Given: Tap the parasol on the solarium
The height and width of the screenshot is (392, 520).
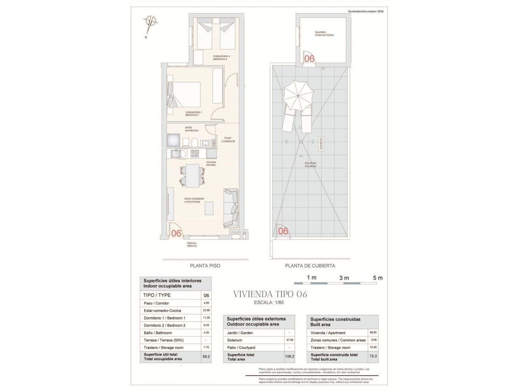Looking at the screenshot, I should (x=298, y=95).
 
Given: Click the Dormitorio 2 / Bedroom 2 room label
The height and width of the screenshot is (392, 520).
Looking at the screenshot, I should (x=222, y=58).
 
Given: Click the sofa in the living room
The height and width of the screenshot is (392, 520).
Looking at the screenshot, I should (x=231, y=208).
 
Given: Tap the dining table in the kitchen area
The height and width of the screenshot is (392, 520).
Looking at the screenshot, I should (x=192, y=175).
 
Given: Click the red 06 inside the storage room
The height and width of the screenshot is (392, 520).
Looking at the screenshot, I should (x=309, y=58).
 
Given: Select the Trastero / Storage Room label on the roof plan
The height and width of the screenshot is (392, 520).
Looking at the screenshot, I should (x=324, y=34).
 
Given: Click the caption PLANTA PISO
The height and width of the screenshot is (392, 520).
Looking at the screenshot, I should (x=205, y=266).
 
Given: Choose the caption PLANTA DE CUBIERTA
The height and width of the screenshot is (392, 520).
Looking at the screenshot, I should (x=310, y=266).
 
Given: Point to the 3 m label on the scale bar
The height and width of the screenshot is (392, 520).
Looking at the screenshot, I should (x=344, y=278).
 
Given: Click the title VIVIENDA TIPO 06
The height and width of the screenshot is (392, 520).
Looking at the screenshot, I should (x=270, y=294).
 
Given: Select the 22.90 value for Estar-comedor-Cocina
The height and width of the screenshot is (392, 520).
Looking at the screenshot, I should (x=206, y=310).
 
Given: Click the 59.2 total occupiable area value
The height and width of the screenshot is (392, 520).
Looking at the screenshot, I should (x=206, y=357).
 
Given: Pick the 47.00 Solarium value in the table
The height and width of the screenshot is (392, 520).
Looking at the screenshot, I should (x=290, y=340).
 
